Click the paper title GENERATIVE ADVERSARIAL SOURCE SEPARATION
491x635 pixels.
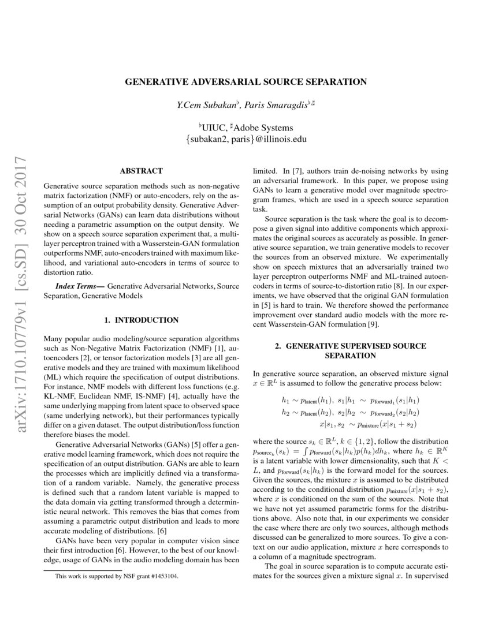click(x=245, y=82)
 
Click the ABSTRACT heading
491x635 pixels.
click(x=141, y=171)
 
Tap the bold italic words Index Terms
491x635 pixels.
click(x=79, y=286)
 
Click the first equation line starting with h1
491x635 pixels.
click(x=351, y=400)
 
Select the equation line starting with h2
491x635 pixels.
click(x=351, y=412)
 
